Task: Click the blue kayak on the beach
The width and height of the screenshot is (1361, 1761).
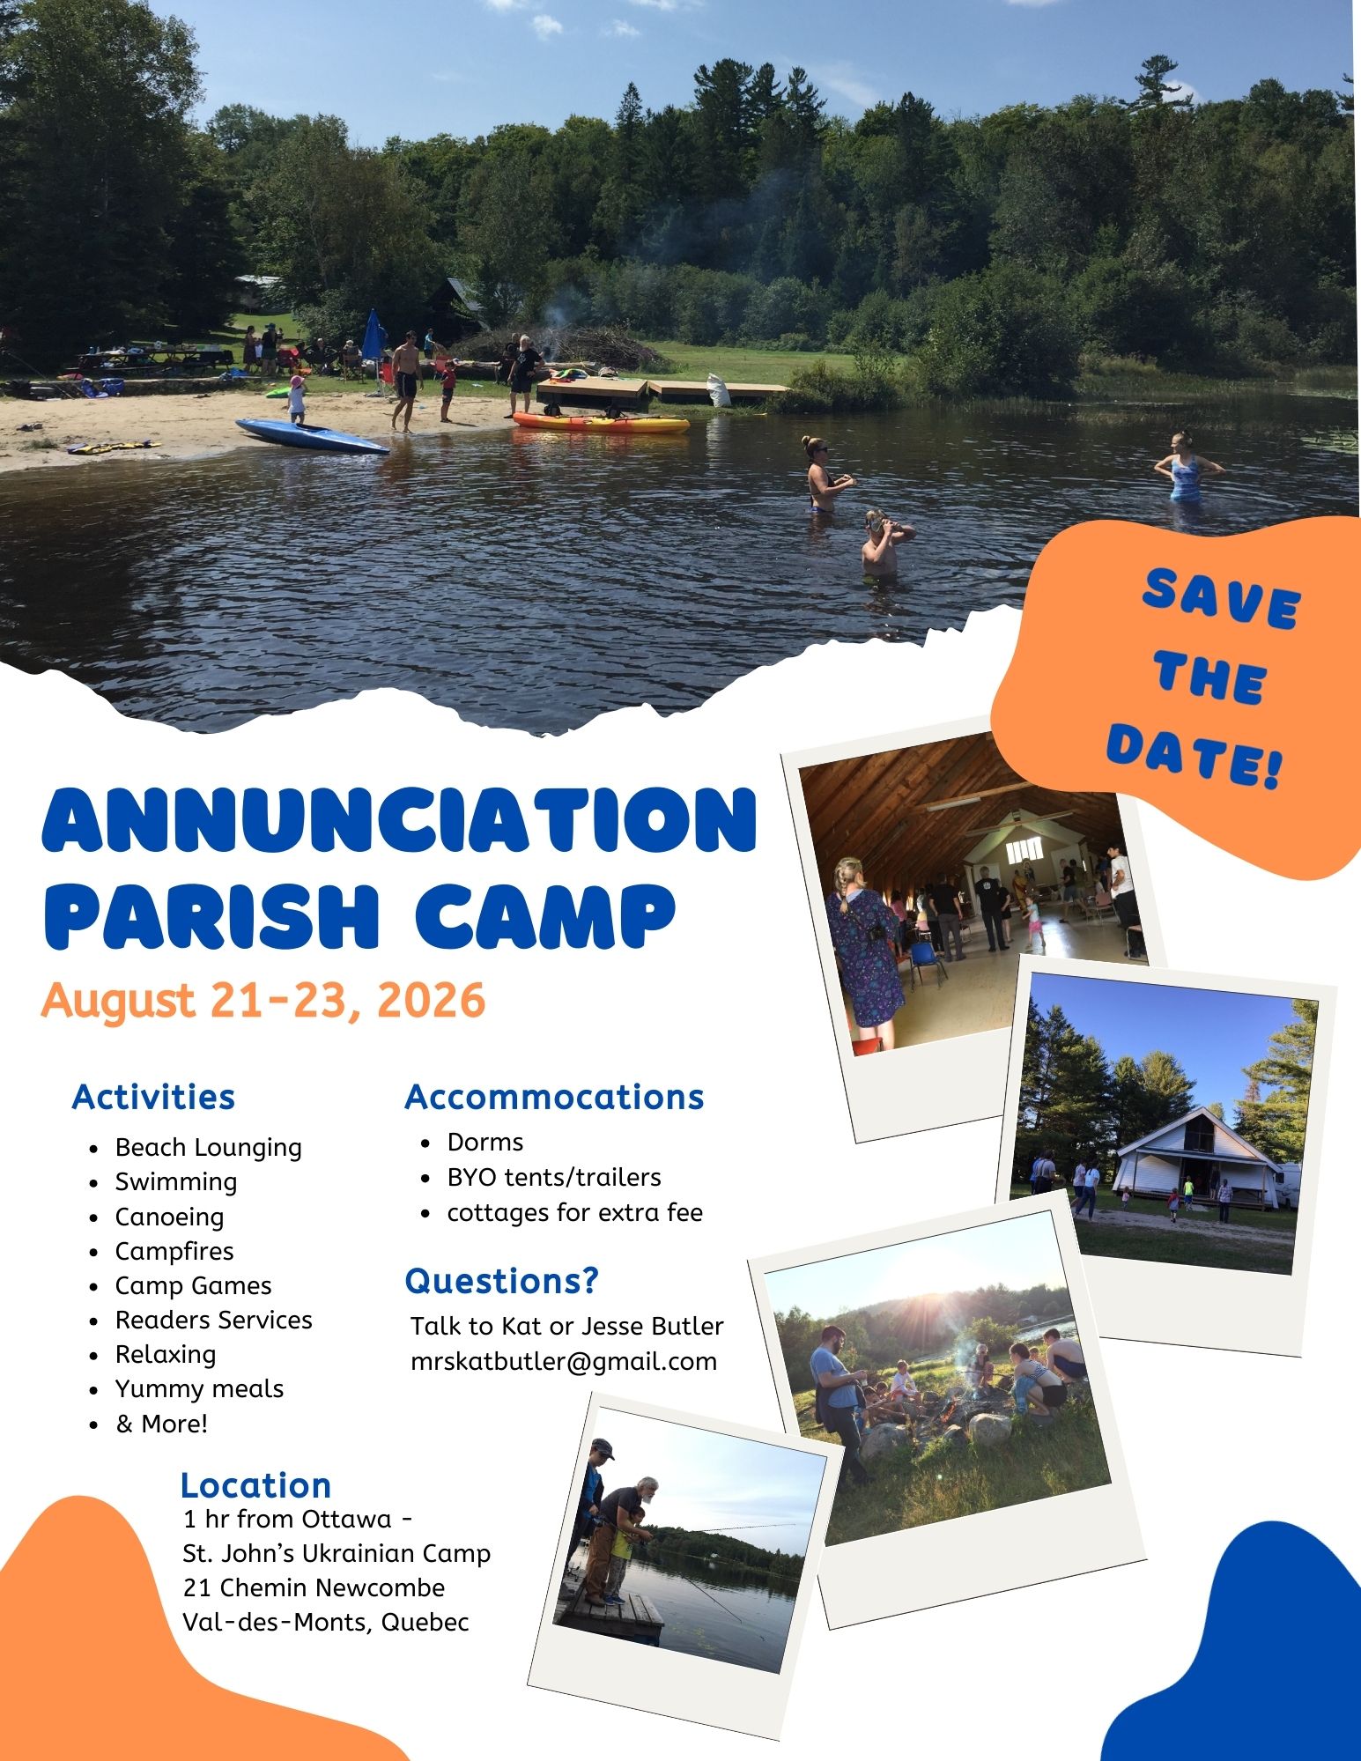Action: point(312,436)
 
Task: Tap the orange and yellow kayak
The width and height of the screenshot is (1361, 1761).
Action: point(601,423)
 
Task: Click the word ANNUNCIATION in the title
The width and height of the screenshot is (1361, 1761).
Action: point(399,818)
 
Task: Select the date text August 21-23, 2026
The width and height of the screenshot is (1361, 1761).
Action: point(263,1001)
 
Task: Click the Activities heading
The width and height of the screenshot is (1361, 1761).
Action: point(153,1097)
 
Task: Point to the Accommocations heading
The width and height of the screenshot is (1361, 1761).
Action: point(554,1097)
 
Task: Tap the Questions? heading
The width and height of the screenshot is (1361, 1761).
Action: point(501,1280)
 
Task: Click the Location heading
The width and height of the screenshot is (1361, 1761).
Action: point(255,1485)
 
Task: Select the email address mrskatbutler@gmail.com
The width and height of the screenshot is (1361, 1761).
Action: point(564,1362)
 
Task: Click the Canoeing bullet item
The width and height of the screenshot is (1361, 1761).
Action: point(170,1217)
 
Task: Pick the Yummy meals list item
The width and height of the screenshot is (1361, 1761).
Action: point(200,1388)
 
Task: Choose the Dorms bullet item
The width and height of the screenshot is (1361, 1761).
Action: point(485,1142)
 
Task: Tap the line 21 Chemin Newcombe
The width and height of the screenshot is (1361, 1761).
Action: point(314,1587)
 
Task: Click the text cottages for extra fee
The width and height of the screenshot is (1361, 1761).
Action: point(575,1212)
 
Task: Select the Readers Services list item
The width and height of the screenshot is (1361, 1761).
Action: point(214,1320)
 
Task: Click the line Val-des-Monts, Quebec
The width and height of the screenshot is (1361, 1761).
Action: point(326,1622)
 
